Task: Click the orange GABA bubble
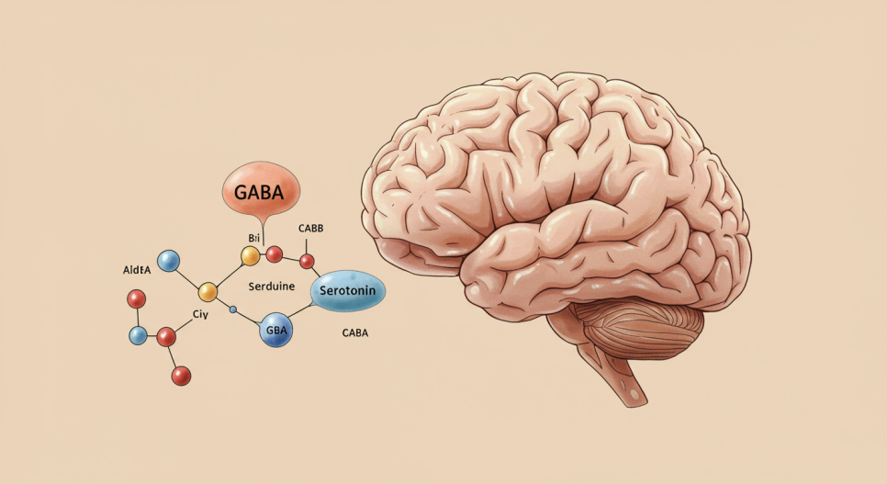coord(262,194)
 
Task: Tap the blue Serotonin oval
coord(349,292)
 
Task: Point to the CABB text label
coord(311,228)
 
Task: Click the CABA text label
coord(354,332)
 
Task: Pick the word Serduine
coord(272,287)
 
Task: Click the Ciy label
coord(201,313)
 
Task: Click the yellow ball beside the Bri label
coord(251,256)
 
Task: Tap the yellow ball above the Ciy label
coord(208,292)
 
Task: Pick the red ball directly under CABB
coord(308,262)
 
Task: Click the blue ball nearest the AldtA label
coord(168,261)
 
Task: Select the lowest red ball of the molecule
coord(181,375)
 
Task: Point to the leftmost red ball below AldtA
coord(137,298)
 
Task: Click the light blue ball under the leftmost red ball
coord(138,335)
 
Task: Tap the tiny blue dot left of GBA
coord(233,310)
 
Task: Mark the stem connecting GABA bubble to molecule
coord(263,231)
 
